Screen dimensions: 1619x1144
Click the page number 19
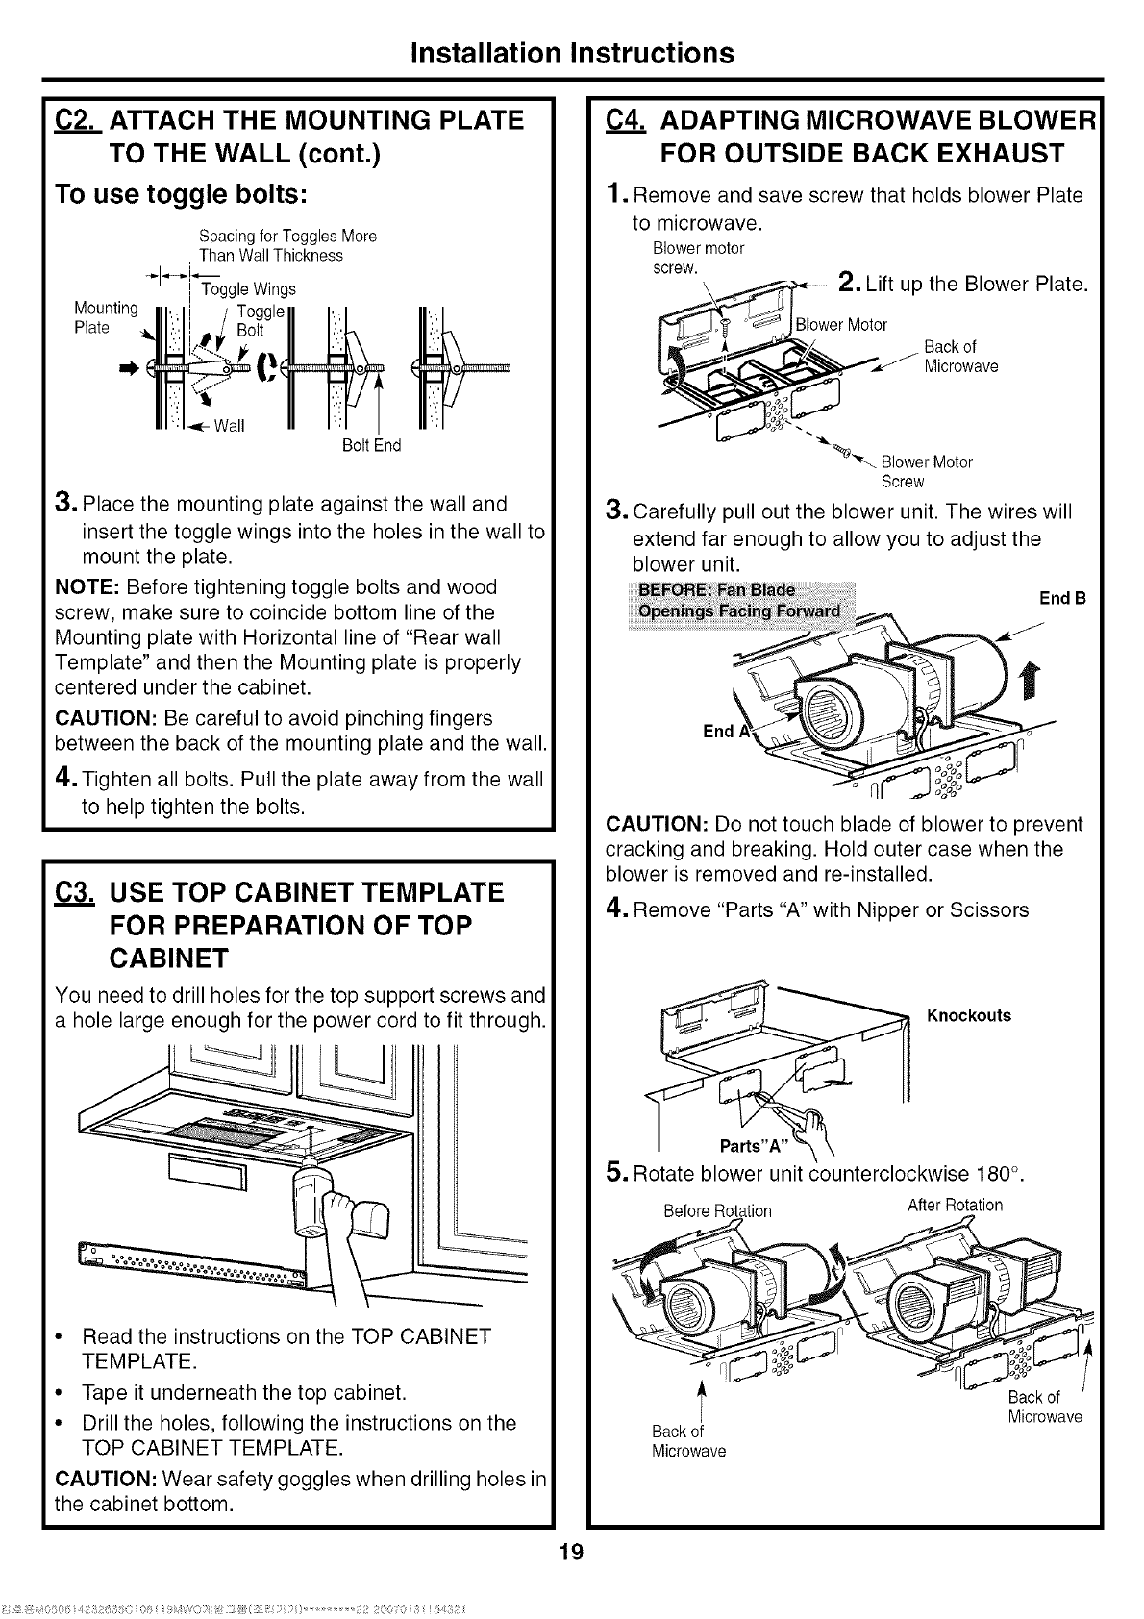571,1552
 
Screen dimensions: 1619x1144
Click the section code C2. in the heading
73,120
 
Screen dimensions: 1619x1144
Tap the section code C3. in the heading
73,892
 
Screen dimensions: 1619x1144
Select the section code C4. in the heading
626,120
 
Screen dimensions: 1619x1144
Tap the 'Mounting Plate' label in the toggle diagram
106,318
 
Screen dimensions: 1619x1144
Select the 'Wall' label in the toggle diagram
230,426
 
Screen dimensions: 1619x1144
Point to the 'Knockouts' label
968,1015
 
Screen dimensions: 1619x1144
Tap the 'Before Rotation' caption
717,1210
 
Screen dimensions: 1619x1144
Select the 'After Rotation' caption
955,1206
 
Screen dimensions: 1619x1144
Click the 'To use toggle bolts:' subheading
181,192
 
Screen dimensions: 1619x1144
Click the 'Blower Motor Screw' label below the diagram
925,471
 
